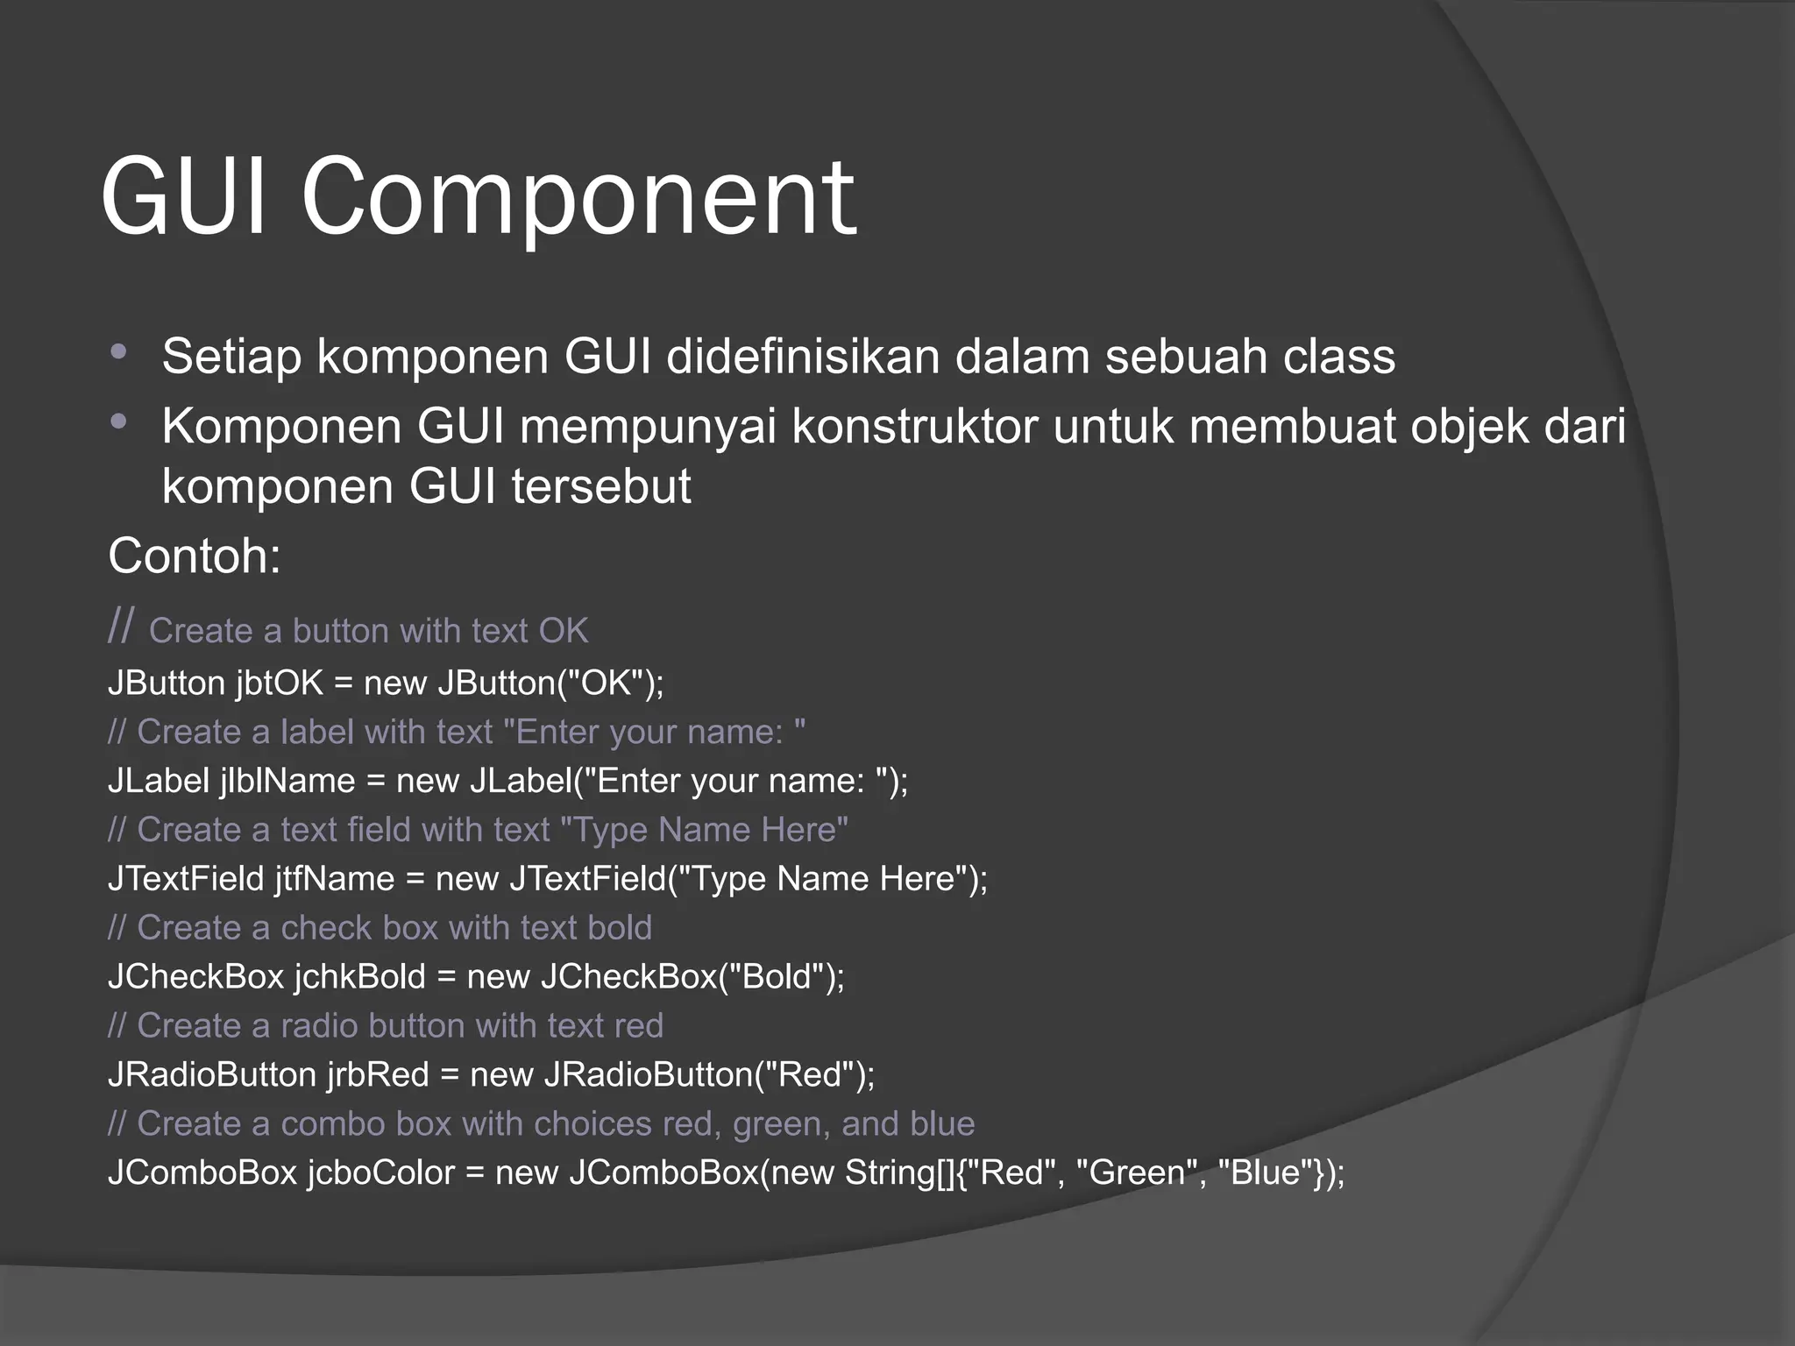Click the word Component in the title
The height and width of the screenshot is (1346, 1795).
(578, 200)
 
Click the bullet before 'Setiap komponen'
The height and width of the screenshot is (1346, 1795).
(120, 352)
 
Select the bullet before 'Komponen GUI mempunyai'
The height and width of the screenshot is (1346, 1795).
(120, 422)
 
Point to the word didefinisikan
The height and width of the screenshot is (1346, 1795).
(802, 357)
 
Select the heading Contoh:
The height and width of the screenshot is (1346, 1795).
(194, 556)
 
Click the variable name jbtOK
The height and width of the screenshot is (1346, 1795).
(280, 684)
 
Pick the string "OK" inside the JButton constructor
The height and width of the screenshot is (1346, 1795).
(607, 684)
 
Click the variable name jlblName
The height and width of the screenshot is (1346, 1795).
(287, 781)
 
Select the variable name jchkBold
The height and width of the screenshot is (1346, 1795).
(359, 977)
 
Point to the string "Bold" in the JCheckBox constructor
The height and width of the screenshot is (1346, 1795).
(780, 977)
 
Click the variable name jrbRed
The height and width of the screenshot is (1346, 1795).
(378, 1075)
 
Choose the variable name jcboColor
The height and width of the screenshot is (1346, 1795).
(381, 1173)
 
